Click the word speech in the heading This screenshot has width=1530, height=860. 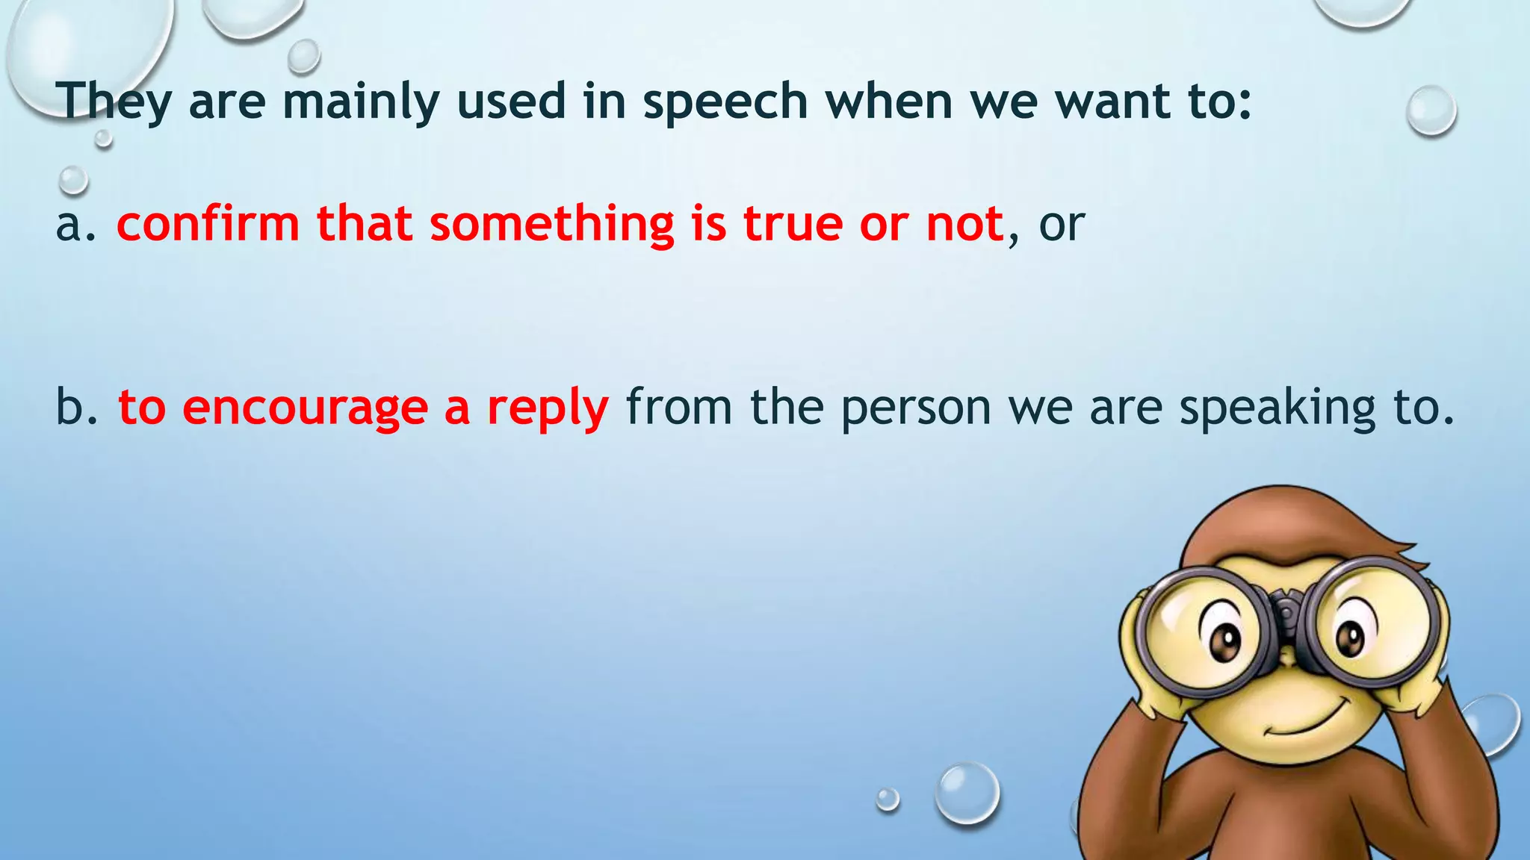click(x=725, y=102)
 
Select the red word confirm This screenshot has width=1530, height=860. click(x=208, y=224)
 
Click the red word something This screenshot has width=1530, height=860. click(x=551, y=224)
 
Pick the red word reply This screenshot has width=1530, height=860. click(x=548, y=409)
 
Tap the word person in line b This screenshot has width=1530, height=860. click(x=915, y=408)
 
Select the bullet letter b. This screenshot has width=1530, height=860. click(x=71, y=408)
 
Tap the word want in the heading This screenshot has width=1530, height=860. click(x=1112, y=102)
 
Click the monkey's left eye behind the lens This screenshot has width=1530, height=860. click(x=1222, y=639)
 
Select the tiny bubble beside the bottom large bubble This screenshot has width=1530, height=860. click(x=888, y=800)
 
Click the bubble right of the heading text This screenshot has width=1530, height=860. click(x=1431, y=110)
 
